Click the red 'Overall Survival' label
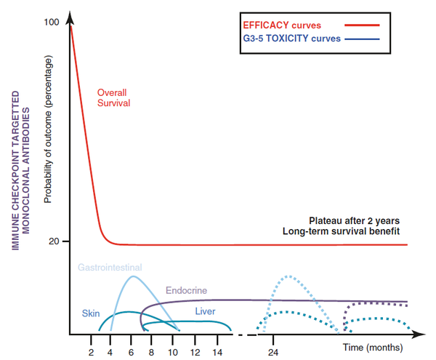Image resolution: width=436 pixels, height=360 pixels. (x=114, y=98)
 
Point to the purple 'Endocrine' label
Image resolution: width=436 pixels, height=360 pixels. (x=186, y=291)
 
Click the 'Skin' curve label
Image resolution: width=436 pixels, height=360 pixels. (x=90, y=313)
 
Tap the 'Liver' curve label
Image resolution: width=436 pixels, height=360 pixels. (x=206, y=311)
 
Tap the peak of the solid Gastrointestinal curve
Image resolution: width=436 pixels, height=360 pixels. (x=132, y=276)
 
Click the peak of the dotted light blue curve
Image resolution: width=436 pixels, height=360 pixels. (x=288, y=276)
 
